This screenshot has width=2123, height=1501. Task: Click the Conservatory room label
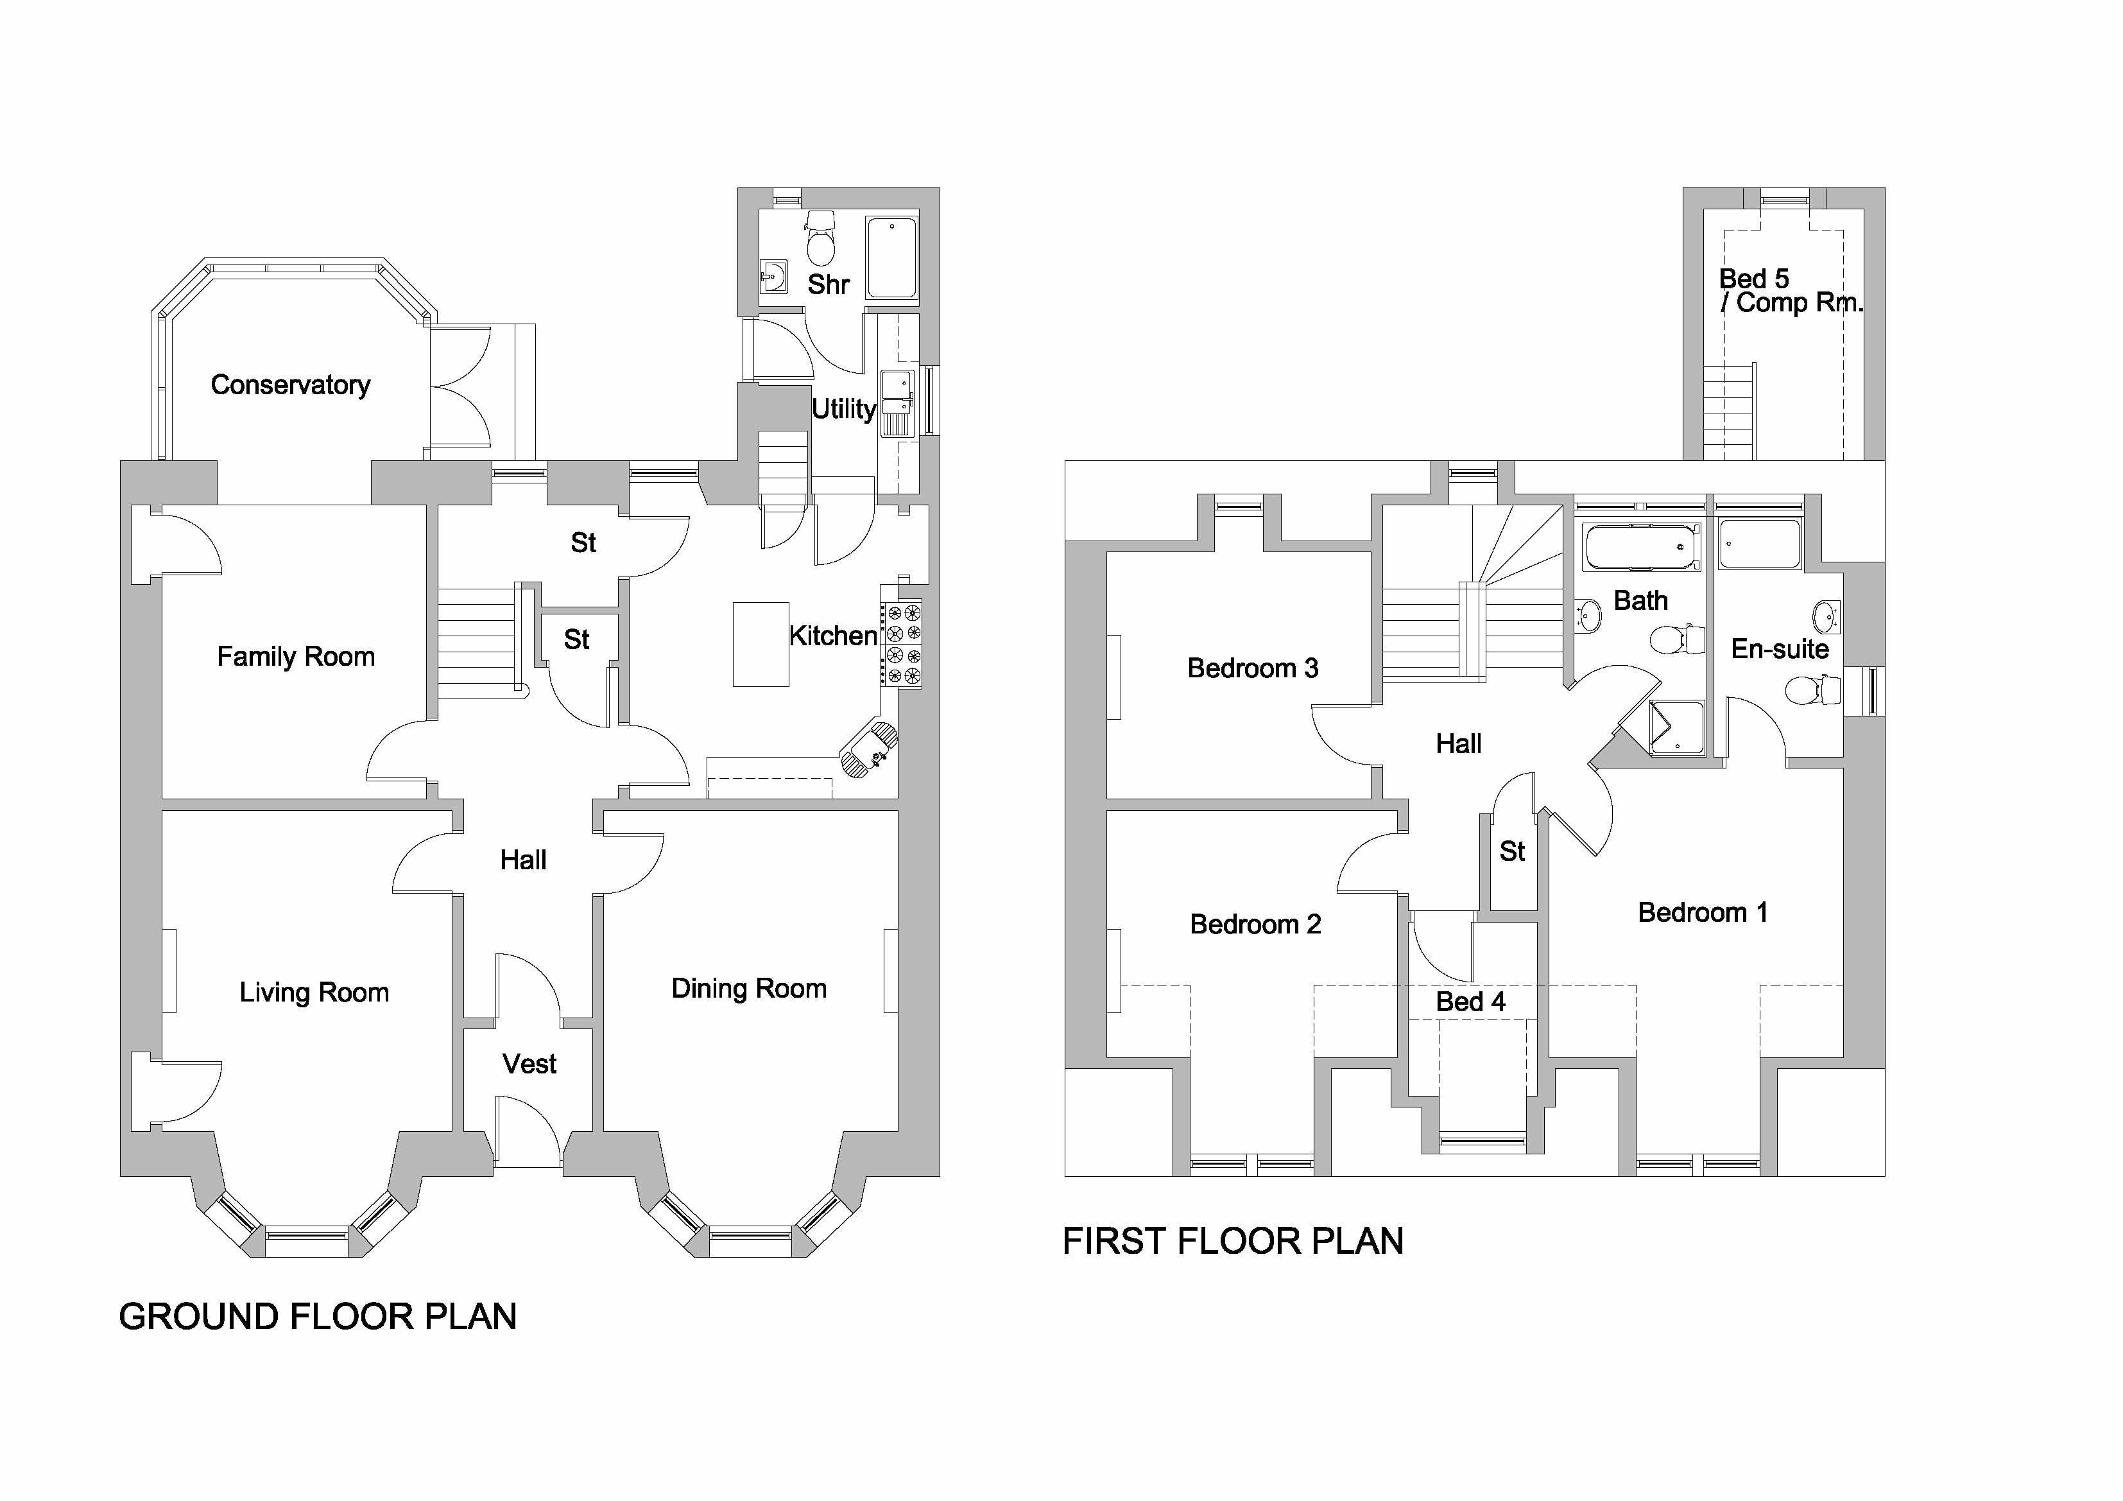click(x=290, y=385)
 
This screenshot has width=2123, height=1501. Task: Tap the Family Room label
click(x=296, y=657)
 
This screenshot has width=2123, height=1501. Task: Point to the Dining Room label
click(x=749, y=989)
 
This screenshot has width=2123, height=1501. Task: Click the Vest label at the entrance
click(x=529, y=1064)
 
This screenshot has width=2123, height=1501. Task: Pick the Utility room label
click(x=843, y=409)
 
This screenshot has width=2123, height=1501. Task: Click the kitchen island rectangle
click(x=760, y=645)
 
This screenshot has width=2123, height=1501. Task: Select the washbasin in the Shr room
click(x=773, y=275)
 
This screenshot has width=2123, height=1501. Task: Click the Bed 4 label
click(x=1470, y=1002)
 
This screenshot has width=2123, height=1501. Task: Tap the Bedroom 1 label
click(x=1702, y=913)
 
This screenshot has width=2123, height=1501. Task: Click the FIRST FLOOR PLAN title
click(x=1233, y=1241)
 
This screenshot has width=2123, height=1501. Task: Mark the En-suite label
click(x=1780, y=649)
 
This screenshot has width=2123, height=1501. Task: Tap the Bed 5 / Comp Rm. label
click(x=1790, y=290)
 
